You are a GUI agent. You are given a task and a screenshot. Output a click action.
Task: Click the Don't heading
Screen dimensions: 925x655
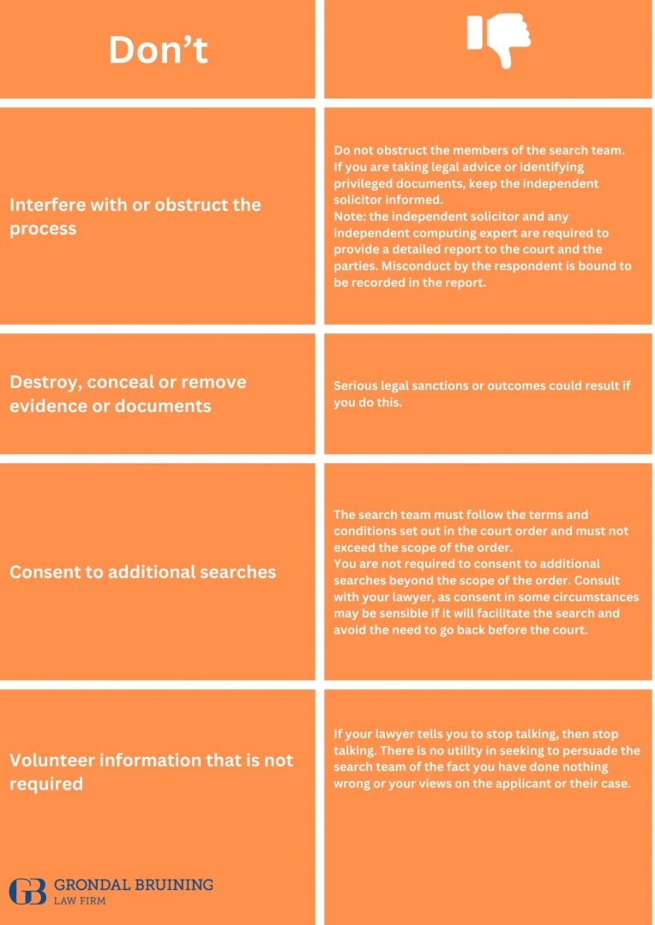tap(158, 51)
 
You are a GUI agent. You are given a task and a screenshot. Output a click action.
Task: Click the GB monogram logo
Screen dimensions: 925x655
tap(28, 891)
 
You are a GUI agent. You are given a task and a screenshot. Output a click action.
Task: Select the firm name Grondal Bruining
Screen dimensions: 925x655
tap(133, 884)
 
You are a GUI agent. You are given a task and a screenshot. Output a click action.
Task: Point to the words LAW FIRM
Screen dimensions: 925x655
tap(79, 901)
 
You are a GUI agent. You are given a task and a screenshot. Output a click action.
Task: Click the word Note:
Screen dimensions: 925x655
tap(351, 217)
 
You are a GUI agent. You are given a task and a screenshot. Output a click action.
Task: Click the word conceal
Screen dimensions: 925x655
tap(123, 382)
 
